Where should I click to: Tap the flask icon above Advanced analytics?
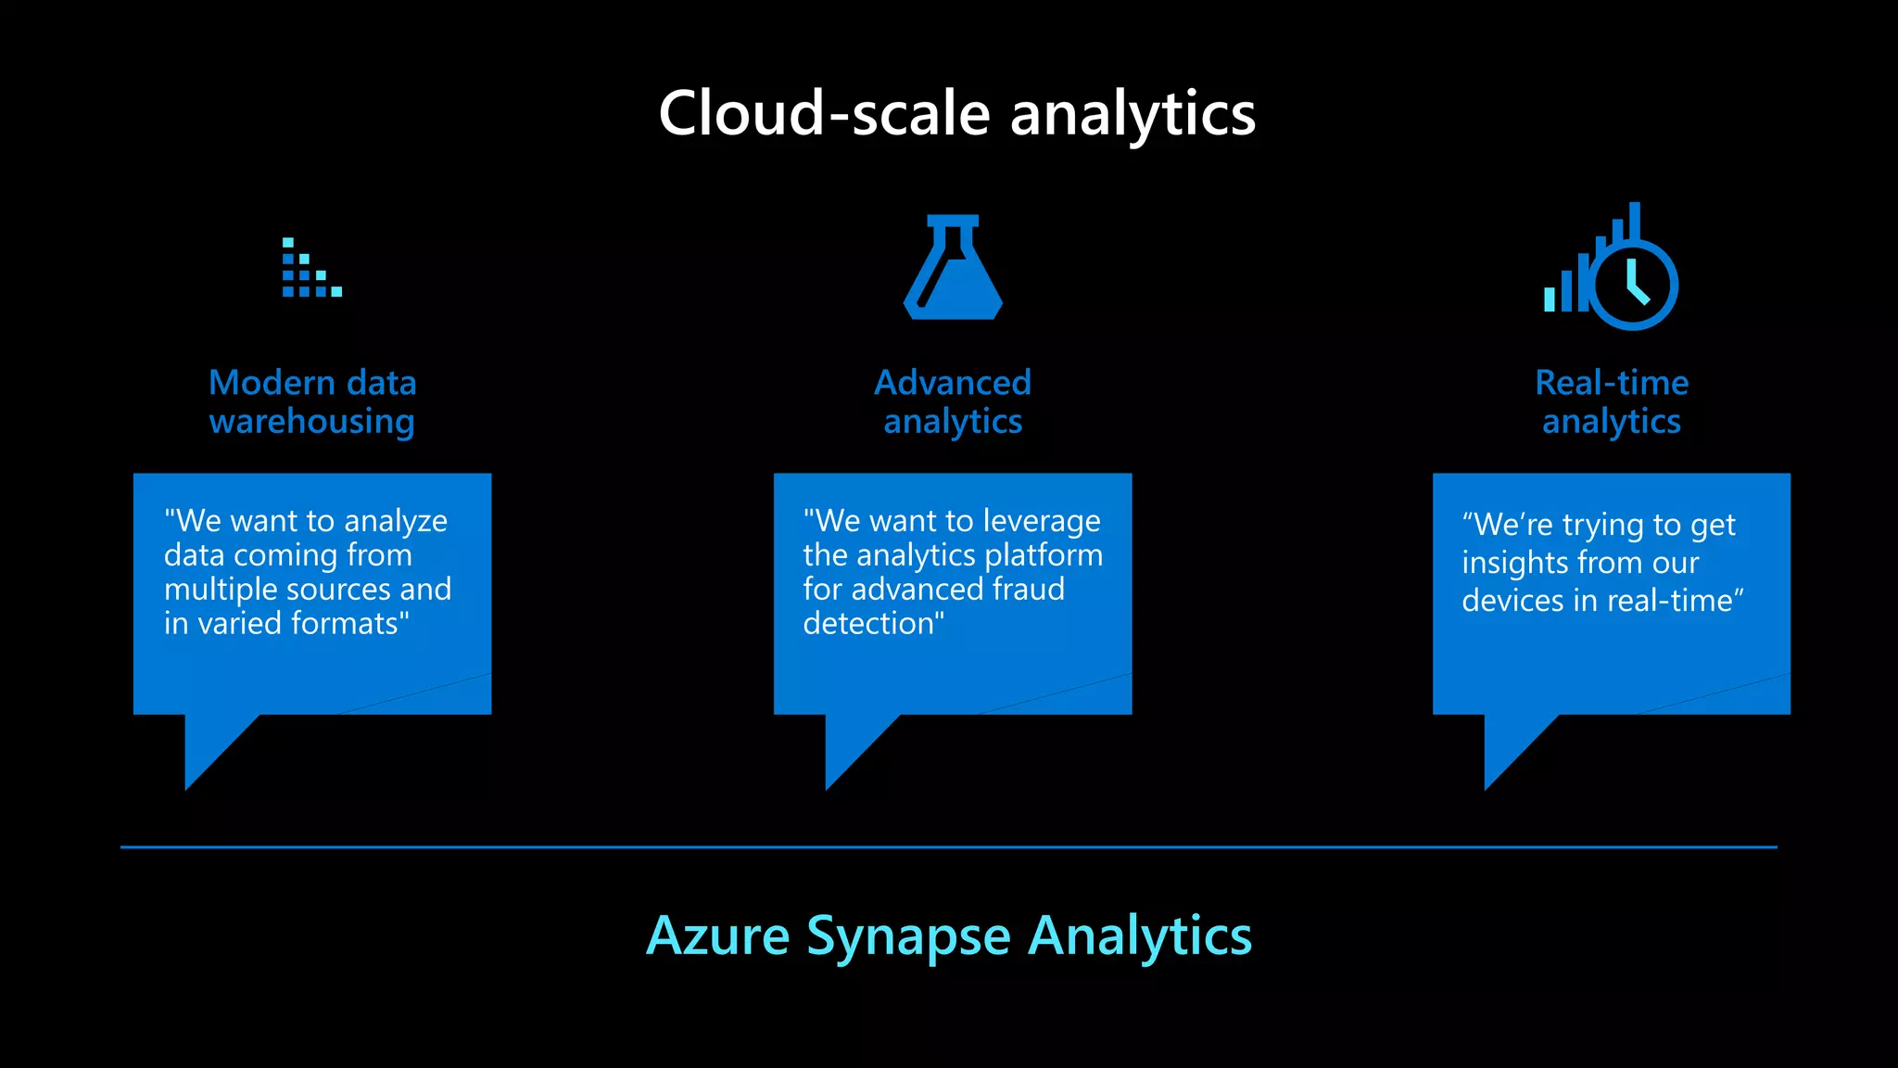[953, 268]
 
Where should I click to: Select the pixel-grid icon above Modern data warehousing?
[311, 268]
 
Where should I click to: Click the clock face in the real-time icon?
[1633, 284]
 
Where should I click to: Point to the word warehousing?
[311, 422]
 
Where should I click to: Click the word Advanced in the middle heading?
[953, 383]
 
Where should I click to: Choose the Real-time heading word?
[1612, 383]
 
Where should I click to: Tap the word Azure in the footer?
[718, 935]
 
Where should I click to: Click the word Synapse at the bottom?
[908, 935]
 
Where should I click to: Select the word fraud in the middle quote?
[1029, 590]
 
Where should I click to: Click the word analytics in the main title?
[1132, 114]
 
